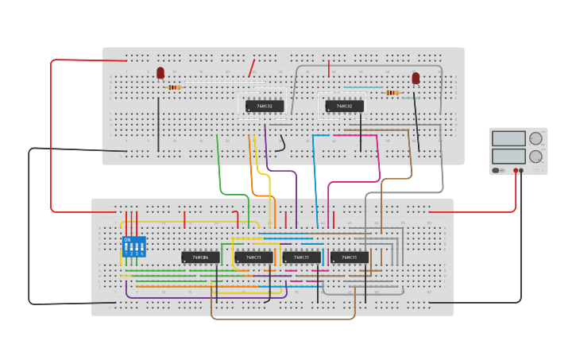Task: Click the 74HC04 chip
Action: tap(200, 257)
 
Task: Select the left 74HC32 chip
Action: tap(265, 106)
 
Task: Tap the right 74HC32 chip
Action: tap(344, 106)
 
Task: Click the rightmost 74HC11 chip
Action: tap(350, 257)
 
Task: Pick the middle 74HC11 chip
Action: tap(302, 257)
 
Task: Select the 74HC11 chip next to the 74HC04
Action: tap(253, 257)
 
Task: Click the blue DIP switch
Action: tap(133, 246)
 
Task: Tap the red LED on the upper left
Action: tap(160, 73)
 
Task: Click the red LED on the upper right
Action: tap(416, 78)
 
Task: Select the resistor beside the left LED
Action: tap(175, 87)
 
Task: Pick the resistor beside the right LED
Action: tap(392, 92)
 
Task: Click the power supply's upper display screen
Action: tap(508, 138)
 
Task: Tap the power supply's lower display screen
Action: tap(508, 157)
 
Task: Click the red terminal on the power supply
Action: tap(516, 170)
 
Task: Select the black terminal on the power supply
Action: tap(522, 170)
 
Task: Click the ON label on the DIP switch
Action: tap(127, 239)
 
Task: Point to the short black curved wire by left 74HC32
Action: tap(281, 144)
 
